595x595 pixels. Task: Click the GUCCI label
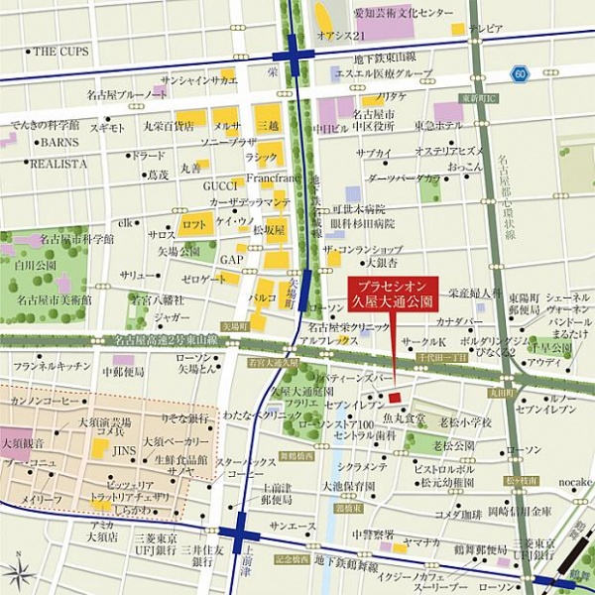click(220, 185)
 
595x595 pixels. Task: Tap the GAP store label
click(231, 260)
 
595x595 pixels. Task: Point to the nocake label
click(572, 482)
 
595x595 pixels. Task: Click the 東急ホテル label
click(437, 125)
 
